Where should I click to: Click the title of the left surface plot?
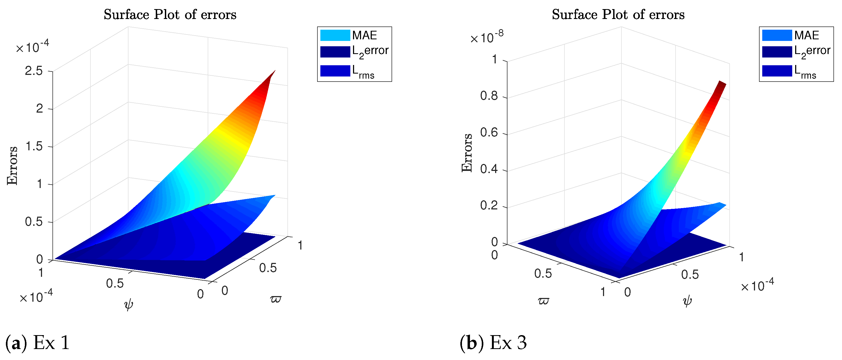(x=170, y=15)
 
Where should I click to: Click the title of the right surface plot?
(x=618, y=15)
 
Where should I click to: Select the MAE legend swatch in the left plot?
(x=335, y=35)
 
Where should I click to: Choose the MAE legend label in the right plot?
(x=806, y=35)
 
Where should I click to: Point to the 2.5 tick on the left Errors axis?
(x=34, y=71)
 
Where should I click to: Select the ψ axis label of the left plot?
(x=128, y=304)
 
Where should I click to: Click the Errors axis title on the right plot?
(x=467, y=152)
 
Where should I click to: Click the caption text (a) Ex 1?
(x=37, y=343)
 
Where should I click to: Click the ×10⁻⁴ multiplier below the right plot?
(x=757, y=286)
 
